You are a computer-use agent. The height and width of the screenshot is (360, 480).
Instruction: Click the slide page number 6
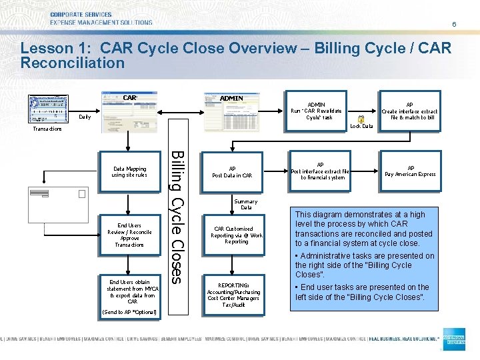pos(454,24)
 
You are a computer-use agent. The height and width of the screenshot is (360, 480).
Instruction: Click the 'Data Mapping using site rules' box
pos(129,172)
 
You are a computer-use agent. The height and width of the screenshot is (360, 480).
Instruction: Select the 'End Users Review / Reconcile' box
pos(129,235)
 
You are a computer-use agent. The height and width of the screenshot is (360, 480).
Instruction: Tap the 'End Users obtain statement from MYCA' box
pos(129,291)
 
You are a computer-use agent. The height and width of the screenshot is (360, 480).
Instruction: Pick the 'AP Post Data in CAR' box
pos(232,172)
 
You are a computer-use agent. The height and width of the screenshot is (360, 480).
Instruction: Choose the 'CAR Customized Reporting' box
pos(237,235)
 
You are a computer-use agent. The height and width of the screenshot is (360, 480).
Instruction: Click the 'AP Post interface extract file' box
pos(321,171)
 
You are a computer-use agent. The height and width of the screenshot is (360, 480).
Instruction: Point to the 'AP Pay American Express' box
pos(410,171)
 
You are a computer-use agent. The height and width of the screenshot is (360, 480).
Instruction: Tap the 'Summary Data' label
pos(245,205)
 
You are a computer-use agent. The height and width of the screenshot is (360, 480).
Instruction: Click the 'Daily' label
pos(85,117)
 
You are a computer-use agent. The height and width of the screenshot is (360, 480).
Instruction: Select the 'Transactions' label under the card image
pos(47,129)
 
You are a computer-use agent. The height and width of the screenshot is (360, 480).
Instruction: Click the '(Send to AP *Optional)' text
pos(129,312)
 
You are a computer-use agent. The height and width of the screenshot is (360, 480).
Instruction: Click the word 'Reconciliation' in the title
pos(73,63)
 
